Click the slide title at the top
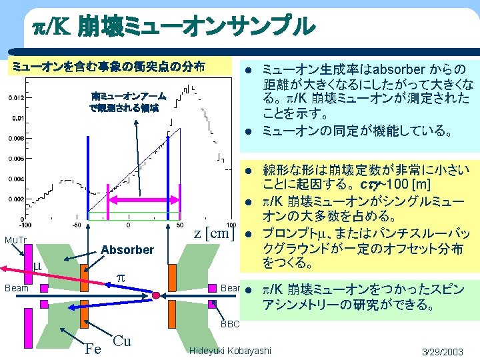[173, 26]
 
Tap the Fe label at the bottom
[93, 347]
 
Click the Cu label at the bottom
[122, 340]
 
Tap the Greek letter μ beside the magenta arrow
[38, 268]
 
